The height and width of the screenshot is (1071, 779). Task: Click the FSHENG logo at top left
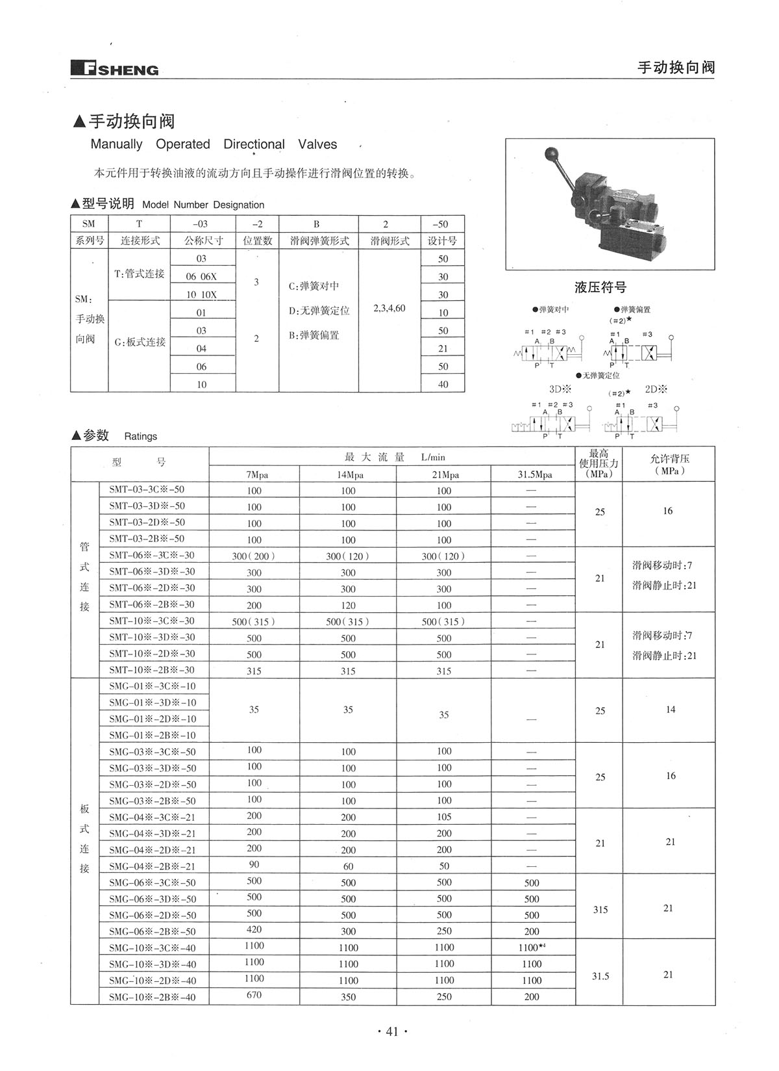click(114, 68)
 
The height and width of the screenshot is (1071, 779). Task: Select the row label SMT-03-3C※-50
click(147, 489)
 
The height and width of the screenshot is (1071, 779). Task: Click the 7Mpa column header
click(254, 474)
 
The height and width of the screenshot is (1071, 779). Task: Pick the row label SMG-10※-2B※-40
click(152, 997)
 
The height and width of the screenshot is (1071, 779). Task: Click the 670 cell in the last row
click(254, 995)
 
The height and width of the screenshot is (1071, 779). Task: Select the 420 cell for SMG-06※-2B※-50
click(254, 929)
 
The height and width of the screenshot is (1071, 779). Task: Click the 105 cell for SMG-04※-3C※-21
click(444, 817)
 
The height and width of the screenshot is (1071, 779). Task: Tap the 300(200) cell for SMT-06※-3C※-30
click(254, 556)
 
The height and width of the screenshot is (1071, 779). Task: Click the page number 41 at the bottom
click(391, 1031)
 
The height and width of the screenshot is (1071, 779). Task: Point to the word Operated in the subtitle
click(183, 144)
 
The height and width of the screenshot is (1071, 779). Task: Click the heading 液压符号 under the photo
click(600, 287)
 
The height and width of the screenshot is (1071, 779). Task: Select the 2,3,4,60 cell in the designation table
click(389, 308)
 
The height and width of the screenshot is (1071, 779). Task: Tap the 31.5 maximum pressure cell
click(600, 976)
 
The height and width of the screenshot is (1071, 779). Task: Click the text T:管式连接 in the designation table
click(140, 274)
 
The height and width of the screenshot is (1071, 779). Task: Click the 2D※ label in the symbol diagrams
click(656, 390)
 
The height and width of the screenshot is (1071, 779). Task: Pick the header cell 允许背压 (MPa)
click(669, 464)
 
